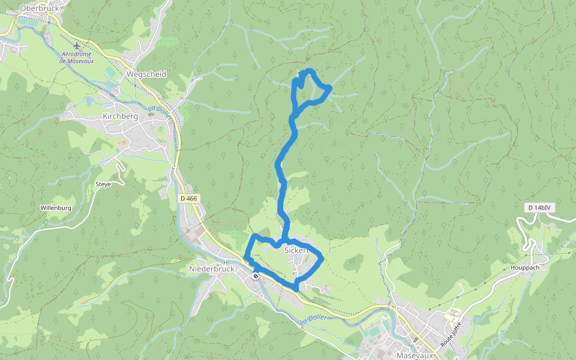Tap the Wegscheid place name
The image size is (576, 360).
[146, 74]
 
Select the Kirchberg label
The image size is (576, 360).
[121, 116]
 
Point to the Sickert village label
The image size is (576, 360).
[296, 250]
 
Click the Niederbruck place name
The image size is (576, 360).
[211, 269]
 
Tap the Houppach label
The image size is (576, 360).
[526, 268]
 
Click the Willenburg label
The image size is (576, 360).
[56, 208]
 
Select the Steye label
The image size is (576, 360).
[103, 184]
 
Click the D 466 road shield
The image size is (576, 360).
[188, 198]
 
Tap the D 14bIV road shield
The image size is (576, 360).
[538, 208]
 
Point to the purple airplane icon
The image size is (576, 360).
[76, 45]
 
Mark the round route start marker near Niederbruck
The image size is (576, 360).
[256, 276]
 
